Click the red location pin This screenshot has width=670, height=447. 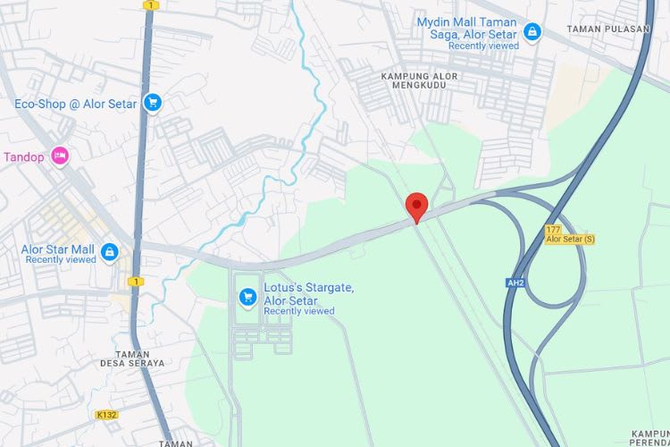[x=416, y=207]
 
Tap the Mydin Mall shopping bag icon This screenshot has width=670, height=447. [x=532, y=33]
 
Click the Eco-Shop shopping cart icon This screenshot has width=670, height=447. [x=152, y=104]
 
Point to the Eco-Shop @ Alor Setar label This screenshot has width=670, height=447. [x=76, y=104]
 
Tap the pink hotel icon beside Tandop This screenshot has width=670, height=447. [x=59, y=156]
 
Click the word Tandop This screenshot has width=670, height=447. [x=23, y=156]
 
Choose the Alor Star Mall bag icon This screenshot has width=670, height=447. [x=109, y=253]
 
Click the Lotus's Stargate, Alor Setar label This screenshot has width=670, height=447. [x=308, y=293]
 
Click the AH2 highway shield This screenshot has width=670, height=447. [x=515, y=283]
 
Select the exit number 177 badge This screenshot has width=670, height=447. [x=553, y=230]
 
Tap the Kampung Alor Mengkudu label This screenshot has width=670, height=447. [x=419, y=81]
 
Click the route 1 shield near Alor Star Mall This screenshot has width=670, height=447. [x=136, y=282]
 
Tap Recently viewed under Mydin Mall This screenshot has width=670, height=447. [x=483, y=46]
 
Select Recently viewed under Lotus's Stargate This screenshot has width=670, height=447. [x=299, y=311]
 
